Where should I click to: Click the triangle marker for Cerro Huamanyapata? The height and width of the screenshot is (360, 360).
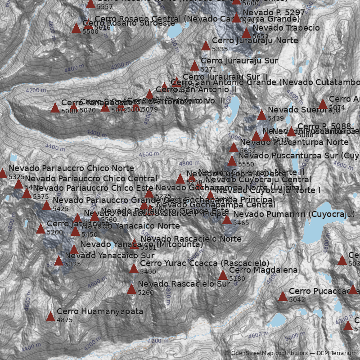[x=50, y=317]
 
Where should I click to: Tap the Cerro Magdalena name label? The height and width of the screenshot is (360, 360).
[x=263, y=270]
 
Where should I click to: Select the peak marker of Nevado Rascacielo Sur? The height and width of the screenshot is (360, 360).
[x=131, y=289]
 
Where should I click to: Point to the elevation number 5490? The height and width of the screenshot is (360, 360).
[x=148, y=272]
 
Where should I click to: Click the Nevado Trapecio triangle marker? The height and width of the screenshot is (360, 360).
[x=246, y=33]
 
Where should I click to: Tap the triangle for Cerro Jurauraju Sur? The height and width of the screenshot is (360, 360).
[x=194, y=66]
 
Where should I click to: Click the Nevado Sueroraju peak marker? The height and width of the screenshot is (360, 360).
[x=261, y=115]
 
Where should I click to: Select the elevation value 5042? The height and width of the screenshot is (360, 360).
[x=297, y=300]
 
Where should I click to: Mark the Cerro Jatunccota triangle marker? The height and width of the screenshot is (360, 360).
[x=40, y=229]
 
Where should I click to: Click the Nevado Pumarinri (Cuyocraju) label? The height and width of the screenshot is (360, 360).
[x=294, y=214]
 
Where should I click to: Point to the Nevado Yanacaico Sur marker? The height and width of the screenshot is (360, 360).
[x=58, y=261]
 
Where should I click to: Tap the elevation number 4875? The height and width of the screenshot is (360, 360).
[x=65, y=320]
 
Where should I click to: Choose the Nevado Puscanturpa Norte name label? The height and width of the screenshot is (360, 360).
[x=294, y=142]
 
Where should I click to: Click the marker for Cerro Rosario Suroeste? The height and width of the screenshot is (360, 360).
[x=76, y=28]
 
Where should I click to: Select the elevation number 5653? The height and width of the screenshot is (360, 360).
[x=261, y=36]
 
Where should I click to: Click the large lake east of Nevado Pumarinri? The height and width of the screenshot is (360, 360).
[x=315, y=234]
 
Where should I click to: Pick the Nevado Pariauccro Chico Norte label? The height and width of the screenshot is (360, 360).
[x=71, y=168]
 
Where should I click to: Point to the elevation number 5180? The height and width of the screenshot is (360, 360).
[x=237, y=279]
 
